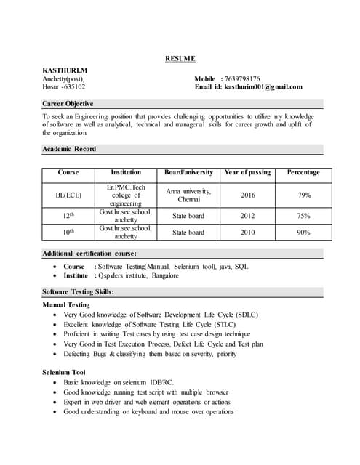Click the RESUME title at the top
180,58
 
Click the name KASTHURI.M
65,70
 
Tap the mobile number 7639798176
242,78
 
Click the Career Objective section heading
68,104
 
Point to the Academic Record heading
69,149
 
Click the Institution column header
126,173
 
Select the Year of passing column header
247,173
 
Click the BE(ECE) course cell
68,195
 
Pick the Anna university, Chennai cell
188,195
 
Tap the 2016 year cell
247,195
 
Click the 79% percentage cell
304,195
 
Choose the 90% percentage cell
303,232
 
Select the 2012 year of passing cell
247,216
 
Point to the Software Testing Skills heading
79,291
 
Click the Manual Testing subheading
66,304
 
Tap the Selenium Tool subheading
64,372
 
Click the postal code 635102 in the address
73,87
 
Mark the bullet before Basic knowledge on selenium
55,382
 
